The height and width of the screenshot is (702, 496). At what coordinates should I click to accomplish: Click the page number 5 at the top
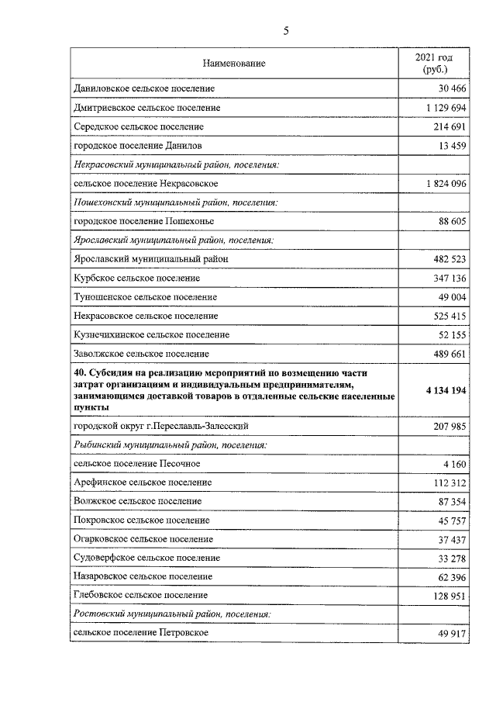286,31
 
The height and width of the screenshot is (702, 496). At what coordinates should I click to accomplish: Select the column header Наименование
234,64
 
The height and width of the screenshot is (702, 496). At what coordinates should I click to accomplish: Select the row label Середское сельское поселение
139,126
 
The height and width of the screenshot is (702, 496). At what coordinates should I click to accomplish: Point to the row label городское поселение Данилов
139,145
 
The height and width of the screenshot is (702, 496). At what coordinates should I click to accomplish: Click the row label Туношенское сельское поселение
145,297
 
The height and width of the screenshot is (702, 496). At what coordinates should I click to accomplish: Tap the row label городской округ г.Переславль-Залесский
160,427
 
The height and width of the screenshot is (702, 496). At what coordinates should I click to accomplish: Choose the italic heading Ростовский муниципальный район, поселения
172,614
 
